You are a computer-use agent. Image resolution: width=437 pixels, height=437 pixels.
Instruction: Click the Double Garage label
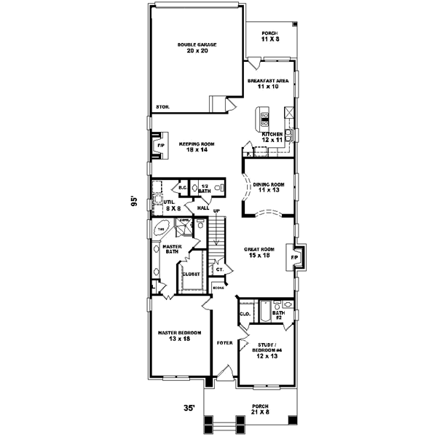197,48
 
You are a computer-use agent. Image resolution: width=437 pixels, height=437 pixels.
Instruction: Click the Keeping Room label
194,146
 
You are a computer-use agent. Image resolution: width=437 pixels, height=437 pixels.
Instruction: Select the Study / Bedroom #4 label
268,350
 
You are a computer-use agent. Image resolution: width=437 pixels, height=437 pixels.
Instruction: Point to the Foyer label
225,342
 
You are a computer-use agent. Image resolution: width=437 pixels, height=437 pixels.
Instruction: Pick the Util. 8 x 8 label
170,205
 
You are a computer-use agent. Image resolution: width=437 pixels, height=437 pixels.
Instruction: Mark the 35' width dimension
189,409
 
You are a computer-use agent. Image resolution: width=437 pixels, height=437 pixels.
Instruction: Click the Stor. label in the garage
162,107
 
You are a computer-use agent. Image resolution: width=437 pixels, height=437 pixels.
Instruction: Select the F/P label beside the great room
295,258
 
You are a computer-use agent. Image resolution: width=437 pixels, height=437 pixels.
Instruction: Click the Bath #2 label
277,315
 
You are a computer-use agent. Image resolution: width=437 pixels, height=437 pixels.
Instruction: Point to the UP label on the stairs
216,210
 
